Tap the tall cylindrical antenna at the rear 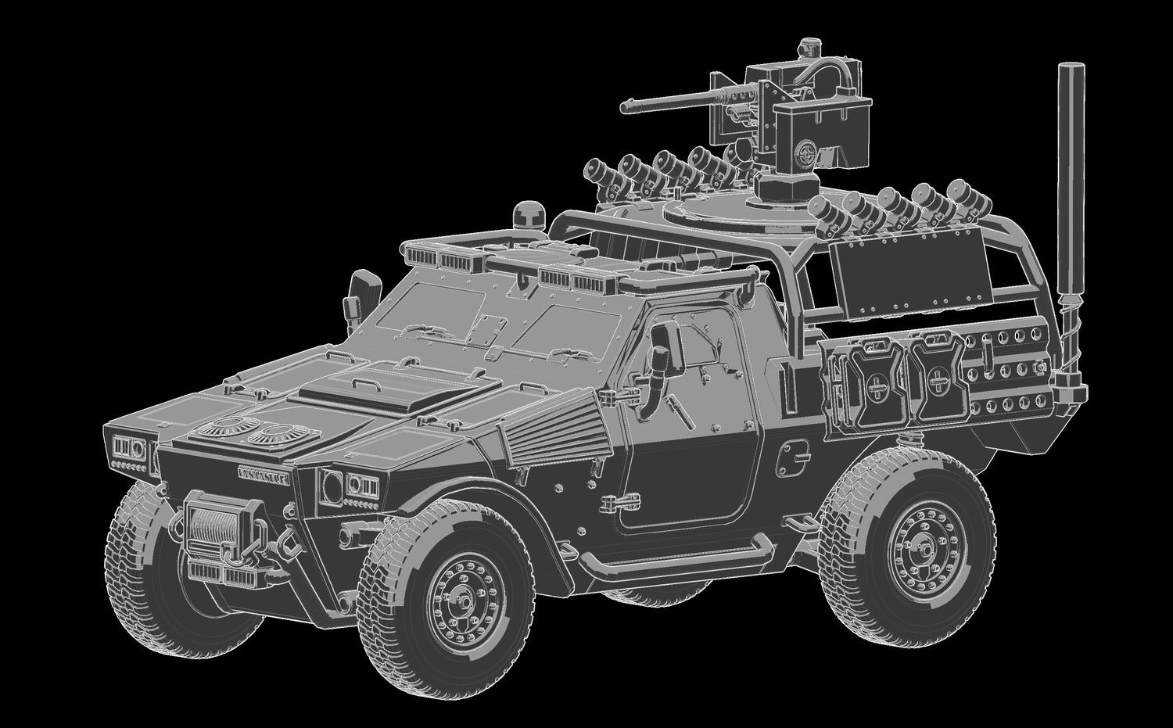point(1067,195)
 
